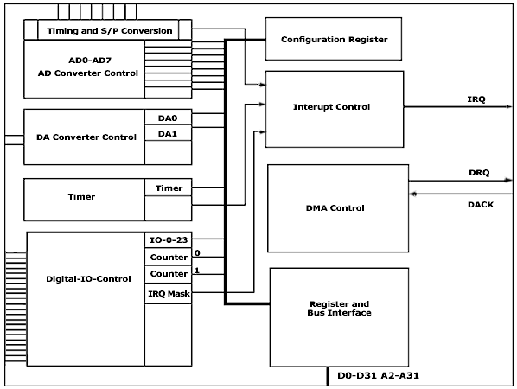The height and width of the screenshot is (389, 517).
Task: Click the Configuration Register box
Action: [334, 39]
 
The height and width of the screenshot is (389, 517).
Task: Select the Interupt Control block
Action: [335, 109]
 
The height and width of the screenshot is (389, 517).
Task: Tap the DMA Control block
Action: [338, 208]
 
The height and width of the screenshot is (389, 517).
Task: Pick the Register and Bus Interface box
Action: [339, 317]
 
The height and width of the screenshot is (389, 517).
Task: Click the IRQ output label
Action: [476, 99]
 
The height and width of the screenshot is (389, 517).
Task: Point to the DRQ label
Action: [479, 173]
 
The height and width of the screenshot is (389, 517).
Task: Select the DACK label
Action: [481, 205]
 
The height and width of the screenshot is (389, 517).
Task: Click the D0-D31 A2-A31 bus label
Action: [378, 375]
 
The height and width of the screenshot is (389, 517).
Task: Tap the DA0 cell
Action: [169, 117]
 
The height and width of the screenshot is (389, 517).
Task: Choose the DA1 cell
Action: [169, 133]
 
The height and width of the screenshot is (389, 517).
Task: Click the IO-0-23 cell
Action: [169, 240]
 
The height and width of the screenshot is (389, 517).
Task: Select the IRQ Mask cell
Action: [169, 293]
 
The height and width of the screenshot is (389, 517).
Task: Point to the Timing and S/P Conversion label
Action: [110, 31]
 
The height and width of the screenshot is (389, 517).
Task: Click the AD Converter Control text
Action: [88, 73]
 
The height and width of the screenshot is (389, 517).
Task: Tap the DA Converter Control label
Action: [86, 137]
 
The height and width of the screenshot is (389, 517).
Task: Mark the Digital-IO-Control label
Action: [88, 279]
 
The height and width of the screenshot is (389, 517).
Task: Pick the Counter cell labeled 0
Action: [169, 257]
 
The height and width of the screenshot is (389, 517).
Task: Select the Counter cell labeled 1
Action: [169, 274]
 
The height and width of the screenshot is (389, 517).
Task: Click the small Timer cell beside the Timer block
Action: [169, 188]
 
